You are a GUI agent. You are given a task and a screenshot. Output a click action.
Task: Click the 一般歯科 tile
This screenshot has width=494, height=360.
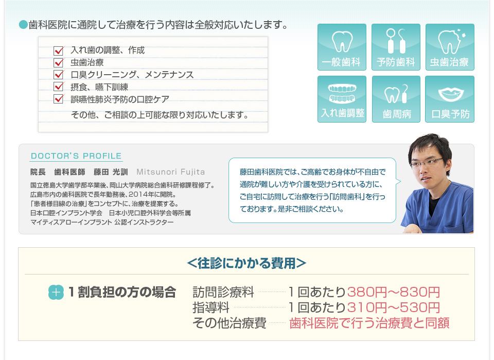(342, 47)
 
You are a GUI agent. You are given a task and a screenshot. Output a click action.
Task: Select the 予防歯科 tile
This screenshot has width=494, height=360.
(396, 47)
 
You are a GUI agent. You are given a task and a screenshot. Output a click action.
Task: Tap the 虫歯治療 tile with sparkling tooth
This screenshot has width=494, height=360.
(450, 47)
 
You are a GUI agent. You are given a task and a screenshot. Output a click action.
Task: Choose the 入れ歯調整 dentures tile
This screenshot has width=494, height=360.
(342, 99)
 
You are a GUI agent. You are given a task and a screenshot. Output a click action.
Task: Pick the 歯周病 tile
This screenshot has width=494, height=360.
(396, 99)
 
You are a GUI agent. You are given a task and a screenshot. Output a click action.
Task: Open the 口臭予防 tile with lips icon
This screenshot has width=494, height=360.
(450, 99)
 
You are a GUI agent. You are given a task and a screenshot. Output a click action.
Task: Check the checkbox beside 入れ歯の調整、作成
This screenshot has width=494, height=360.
(59, 50)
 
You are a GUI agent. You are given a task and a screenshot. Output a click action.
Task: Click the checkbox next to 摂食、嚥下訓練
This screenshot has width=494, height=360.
(59, 87)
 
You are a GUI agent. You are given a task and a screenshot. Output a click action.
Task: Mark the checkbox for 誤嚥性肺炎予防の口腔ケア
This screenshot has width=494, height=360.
(59, 99)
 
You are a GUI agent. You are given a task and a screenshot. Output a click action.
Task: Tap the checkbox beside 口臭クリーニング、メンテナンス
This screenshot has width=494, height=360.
(59, 74)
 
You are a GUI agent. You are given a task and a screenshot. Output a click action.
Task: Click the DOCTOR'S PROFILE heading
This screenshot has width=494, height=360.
(76, 156)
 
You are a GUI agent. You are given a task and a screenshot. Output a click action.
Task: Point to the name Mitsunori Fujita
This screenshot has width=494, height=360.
(170, 172)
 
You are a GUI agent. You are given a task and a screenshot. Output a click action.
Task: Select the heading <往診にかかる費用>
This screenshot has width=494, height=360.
(246, 263)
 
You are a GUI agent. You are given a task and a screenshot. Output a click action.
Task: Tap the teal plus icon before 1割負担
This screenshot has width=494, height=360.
(56, 292)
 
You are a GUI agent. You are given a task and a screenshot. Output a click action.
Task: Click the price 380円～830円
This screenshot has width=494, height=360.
(394, 292)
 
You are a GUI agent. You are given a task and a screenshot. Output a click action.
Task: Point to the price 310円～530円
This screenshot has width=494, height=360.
(394, 307)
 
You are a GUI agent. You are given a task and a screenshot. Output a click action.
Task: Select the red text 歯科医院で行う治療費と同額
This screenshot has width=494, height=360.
(369, 323)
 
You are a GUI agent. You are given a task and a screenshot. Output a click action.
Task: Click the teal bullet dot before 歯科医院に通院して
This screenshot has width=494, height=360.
(23, 24)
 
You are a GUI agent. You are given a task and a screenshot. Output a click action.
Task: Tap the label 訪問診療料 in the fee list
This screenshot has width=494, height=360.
(223, 292)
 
